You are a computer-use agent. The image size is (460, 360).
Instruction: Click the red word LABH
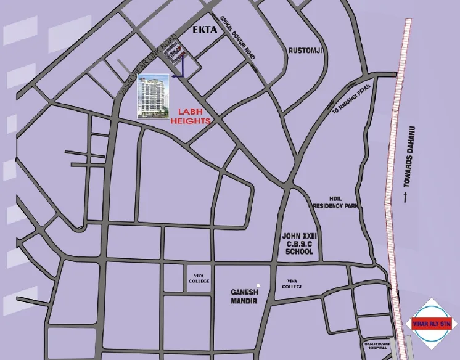tap(191, 112)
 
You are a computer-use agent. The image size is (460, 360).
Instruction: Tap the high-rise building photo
tap(154, 95)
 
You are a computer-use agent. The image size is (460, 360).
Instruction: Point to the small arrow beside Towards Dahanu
tap(405, 197)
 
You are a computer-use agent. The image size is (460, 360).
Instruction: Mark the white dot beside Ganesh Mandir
tap(259, 285)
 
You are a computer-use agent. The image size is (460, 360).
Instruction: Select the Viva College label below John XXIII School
tap(292, 284)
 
